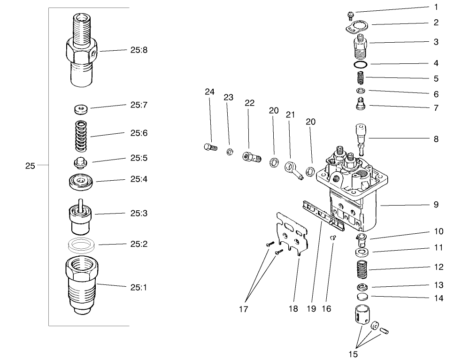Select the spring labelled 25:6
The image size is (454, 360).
(81, 136)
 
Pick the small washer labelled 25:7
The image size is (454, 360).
(82, 110)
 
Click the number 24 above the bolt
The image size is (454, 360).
(209, 92)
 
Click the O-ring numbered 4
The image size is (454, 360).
(361, 64)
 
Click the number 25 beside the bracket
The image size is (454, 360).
(30, 165)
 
